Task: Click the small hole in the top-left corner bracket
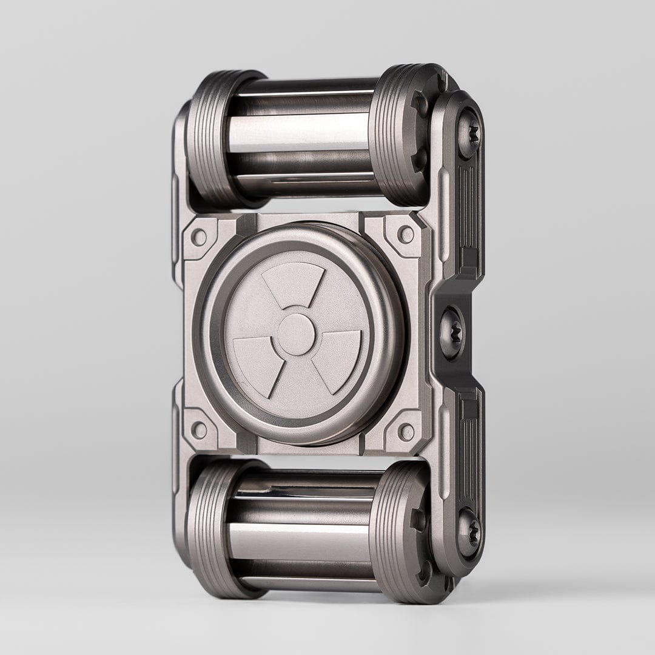pos(199,237)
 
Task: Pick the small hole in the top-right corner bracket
pos(406,234)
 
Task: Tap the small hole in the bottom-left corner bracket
pos(199,429)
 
